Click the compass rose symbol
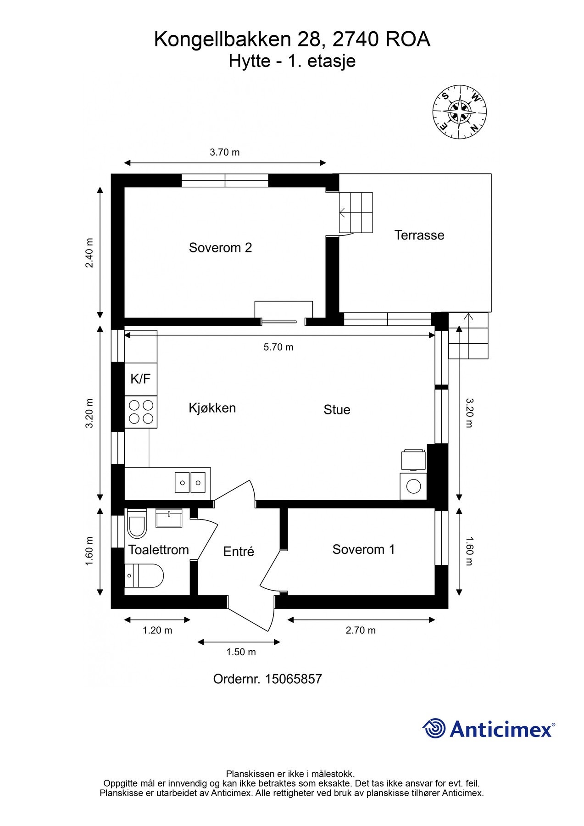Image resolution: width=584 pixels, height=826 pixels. pyautogui.click(x=459, y=112)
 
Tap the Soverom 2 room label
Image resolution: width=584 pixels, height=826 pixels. pyautogui.click(x=220, y=248)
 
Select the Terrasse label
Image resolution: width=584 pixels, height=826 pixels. pyautogui.click(x=419, y=235)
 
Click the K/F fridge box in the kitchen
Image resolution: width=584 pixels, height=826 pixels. pyautogui.click(x=140, y=379)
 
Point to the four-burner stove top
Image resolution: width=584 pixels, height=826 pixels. pyautogui.click(x=141, y=412)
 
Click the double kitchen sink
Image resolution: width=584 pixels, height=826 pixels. pyautogui.click(x=190, y=482)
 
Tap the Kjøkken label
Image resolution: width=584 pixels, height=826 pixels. pyautogui.click(x=212, y=407)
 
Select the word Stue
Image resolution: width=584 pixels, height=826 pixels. pyautogui.click(x=337, y=409)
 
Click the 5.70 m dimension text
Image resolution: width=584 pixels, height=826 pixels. pyautogui.click(x=278, y=347)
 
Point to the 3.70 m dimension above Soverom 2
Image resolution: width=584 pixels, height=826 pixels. pyautogui.click(x=224, y=152)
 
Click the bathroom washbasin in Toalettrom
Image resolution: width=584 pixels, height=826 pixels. pyautogui.click(x=169, y=518)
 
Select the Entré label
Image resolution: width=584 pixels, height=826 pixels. pyautogui.click(x=238, y=551)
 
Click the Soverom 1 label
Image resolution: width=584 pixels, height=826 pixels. pyautogui.click(x=363, y=549)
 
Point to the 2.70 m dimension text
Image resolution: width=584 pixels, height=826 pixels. pyautogui.click(x=360, y=630)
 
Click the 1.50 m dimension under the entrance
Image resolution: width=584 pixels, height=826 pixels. pyautogui.click(x=241, y=652)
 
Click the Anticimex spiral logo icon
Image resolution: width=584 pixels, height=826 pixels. pyautogui.click(x=434, y=728)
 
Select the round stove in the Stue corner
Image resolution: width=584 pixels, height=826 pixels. pyautogui.click(x=413, y=486)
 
